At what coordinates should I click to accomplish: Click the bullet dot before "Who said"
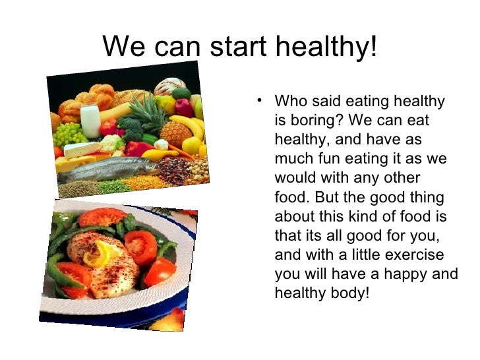261,101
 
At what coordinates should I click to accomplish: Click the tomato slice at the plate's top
102,217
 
